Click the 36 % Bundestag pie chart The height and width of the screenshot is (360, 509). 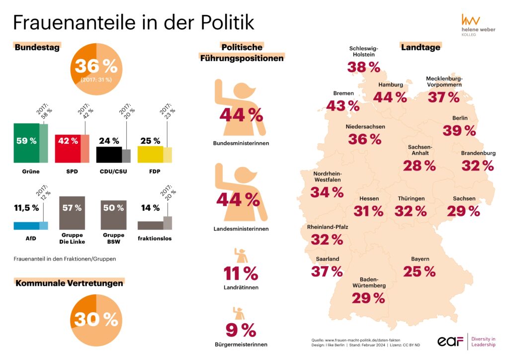point(97,68)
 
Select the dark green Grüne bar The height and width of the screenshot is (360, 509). point(26,143)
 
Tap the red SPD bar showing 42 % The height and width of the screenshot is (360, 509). point(68,148)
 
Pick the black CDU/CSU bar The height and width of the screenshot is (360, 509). point(109,154)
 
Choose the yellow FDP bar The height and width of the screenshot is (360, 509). point(150,154)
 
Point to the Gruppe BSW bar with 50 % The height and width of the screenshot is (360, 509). point(113,214)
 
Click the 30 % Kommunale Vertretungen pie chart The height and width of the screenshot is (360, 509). point(97,319)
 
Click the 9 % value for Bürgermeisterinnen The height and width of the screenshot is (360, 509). point(241,330)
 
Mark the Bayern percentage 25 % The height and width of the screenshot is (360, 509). point(420,271)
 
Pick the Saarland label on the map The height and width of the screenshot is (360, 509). point(327,259)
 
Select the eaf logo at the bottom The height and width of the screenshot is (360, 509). point(450,341)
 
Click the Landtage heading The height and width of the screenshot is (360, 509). point(421,47)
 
